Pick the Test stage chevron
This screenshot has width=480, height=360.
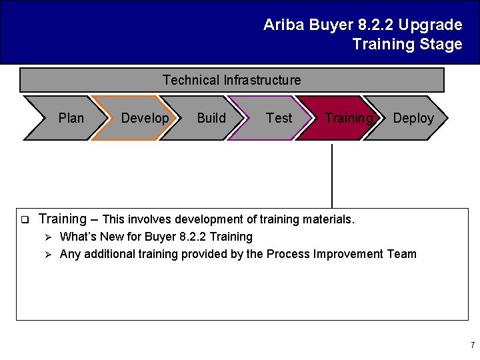point(277,118)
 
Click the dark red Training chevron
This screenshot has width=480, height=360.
point(343,118)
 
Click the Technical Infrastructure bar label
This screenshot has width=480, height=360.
point(231,80)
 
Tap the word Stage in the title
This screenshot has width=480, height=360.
point(441,45)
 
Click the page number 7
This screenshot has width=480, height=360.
point(472,345)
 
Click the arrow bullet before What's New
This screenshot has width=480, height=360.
point(48,237)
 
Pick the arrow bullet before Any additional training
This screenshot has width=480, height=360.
point(48,254)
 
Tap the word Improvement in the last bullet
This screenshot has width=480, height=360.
point(353,254)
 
